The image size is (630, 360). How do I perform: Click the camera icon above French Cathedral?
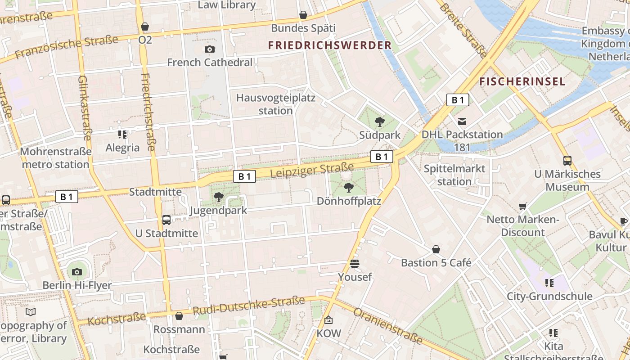click(209, 49)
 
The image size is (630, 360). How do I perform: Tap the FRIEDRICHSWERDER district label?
click(330, 45)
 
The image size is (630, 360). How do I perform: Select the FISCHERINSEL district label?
click(522, 81)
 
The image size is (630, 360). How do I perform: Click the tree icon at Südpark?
click(380, 121)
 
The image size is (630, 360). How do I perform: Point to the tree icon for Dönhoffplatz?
click(348, 187)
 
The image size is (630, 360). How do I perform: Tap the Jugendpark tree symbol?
click(219, 197)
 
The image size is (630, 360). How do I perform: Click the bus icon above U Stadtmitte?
click(166, 220)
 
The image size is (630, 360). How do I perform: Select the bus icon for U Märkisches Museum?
click(567, 160)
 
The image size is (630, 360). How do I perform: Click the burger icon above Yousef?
click(355, 264)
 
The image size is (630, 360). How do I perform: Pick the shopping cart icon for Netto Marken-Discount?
click(523, 206)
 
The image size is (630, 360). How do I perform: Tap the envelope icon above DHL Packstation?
click(462, 121)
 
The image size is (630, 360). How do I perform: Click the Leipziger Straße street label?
click(312, 171)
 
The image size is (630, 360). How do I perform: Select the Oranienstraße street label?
click(387, 326)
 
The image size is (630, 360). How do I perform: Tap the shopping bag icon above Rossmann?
click(179, 316)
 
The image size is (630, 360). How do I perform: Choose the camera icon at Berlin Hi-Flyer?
click(77, 272)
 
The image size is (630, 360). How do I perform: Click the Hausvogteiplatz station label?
click(276, 104)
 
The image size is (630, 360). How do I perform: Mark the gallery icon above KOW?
click(328, 320)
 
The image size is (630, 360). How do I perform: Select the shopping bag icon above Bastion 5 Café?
click(436, 249)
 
